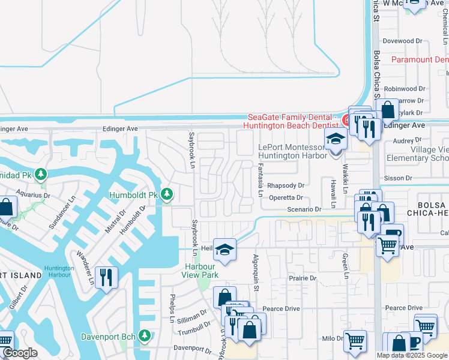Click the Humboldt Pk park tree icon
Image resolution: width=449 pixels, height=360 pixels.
(x=167, y=194)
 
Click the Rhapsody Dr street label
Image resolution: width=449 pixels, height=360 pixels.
(x=286, y=186)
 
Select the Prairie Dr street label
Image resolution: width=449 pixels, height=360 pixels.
(x=301, y=278)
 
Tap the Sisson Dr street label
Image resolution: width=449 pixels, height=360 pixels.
(x=399, y=178)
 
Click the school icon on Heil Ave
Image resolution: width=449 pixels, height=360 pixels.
(x=224, y=249)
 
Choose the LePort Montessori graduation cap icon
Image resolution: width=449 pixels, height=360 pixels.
(x=336, y=139)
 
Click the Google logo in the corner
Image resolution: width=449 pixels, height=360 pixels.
(x=19, y=353)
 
